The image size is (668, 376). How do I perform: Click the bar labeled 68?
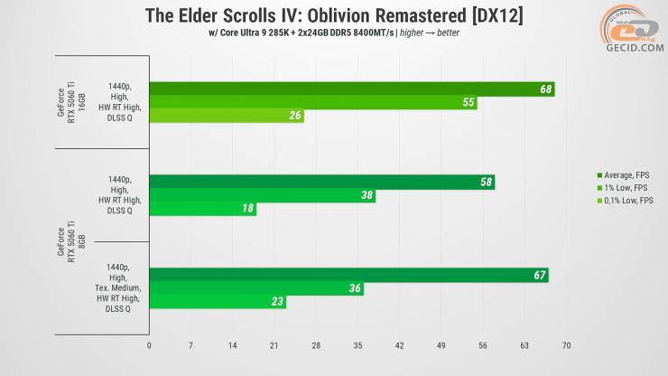(x=352, y=89)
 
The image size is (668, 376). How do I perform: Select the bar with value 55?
(x=312, y=103)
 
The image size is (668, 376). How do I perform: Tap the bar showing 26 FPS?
(x=226, y=117)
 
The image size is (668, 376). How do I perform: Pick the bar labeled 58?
(x=321, y=182)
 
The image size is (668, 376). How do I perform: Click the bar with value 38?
(x=262, y=195)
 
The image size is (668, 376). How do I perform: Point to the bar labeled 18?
(x=202, y=210)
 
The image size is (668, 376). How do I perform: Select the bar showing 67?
(x=348, y=275)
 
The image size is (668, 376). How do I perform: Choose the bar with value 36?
(x=255, y=289)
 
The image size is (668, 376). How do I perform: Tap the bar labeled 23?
(x=217, y=303)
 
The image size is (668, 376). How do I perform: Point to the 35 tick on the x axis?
(x=357, y=345)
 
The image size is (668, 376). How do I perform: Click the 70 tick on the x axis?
(x=566, y=345)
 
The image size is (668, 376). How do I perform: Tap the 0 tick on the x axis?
(x=149, y=345)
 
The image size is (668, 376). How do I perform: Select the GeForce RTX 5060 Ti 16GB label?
(x=79, y=103)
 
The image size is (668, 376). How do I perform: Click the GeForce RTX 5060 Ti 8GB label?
(x=79, y=242)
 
